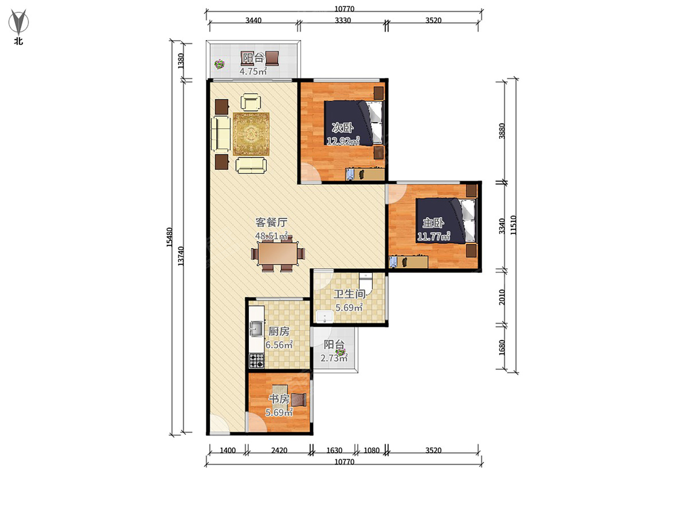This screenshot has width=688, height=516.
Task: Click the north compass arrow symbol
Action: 18,22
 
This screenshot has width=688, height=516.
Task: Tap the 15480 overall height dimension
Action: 170,237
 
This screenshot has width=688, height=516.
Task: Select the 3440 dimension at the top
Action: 253,21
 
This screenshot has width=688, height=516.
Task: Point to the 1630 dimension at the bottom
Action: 334,451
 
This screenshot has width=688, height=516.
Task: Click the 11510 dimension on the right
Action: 513,225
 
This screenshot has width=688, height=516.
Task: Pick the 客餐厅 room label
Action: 271,222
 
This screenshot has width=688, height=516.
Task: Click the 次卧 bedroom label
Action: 343,127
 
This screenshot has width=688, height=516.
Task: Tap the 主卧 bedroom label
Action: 433,223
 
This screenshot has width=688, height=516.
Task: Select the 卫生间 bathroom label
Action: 350,294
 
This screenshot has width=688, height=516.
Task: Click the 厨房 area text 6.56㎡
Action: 279,345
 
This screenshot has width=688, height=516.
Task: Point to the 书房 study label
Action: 279,399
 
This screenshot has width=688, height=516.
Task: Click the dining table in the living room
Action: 277,254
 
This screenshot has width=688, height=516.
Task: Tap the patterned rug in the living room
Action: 251,134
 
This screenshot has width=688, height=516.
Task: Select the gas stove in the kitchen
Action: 257,361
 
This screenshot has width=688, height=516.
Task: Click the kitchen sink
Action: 257,329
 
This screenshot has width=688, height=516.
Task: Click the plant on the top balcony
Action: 220,64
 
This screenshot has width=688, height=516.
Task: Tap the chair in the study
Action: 299,400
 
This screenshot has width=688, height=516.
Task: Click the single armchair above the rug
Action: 251,102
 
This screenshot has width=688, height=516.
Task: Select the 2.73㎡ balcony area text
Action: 334,358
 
